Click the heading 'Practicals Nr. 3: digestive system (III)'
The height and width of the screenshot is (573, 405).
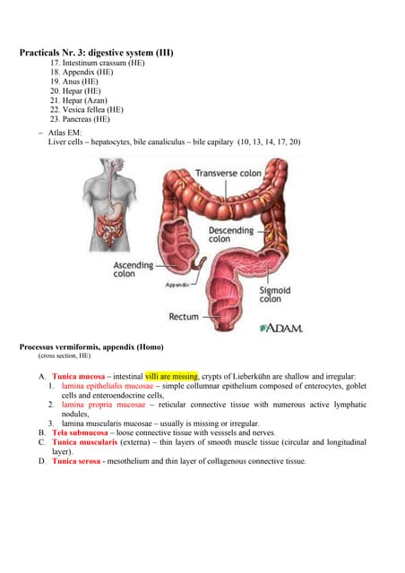coord(96,54)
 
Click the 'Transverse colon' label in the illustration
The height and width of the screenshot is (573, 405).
coord(228,173)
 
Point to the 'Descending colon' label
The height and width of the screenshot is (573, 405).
coord(231,234)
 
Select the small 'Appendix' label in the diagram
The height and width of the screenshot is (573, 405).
coord(177,285)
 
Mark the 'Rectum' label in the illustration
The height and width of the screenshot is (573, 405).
coord(184,317)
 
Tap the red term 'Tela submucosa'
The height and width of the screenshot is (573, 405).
coord(81,432)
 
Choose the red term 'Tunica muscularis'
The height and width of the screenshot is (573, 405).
coord(85,442)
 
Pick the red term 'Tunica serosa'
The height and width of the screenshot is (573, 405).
coord(75,462)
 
